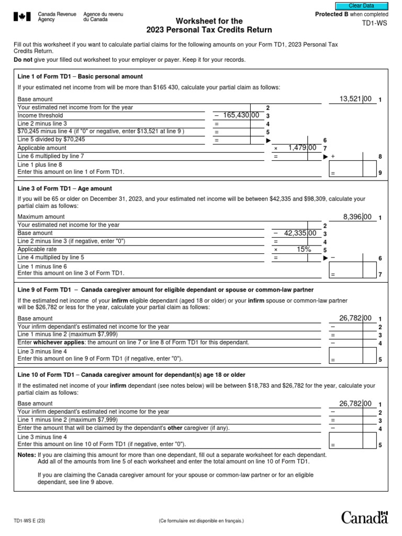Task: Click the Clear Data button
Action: pos(365,6)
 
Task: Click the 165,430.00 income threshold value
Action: pos(241,115)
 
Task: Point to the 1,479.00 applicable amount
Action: pos(302,148)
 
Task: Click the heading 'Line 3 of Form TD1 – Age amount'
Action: pos(65,188)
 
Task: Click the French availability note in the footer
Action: pos(201,521)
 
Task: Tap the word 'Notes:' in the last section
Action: pos(27,455)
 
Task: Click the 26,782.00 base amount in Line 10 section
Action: pos(355,404)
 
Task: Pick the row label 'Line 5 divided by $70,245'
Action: pos(51,140)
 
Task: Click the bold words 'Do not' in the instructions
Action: pos(24,60)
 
